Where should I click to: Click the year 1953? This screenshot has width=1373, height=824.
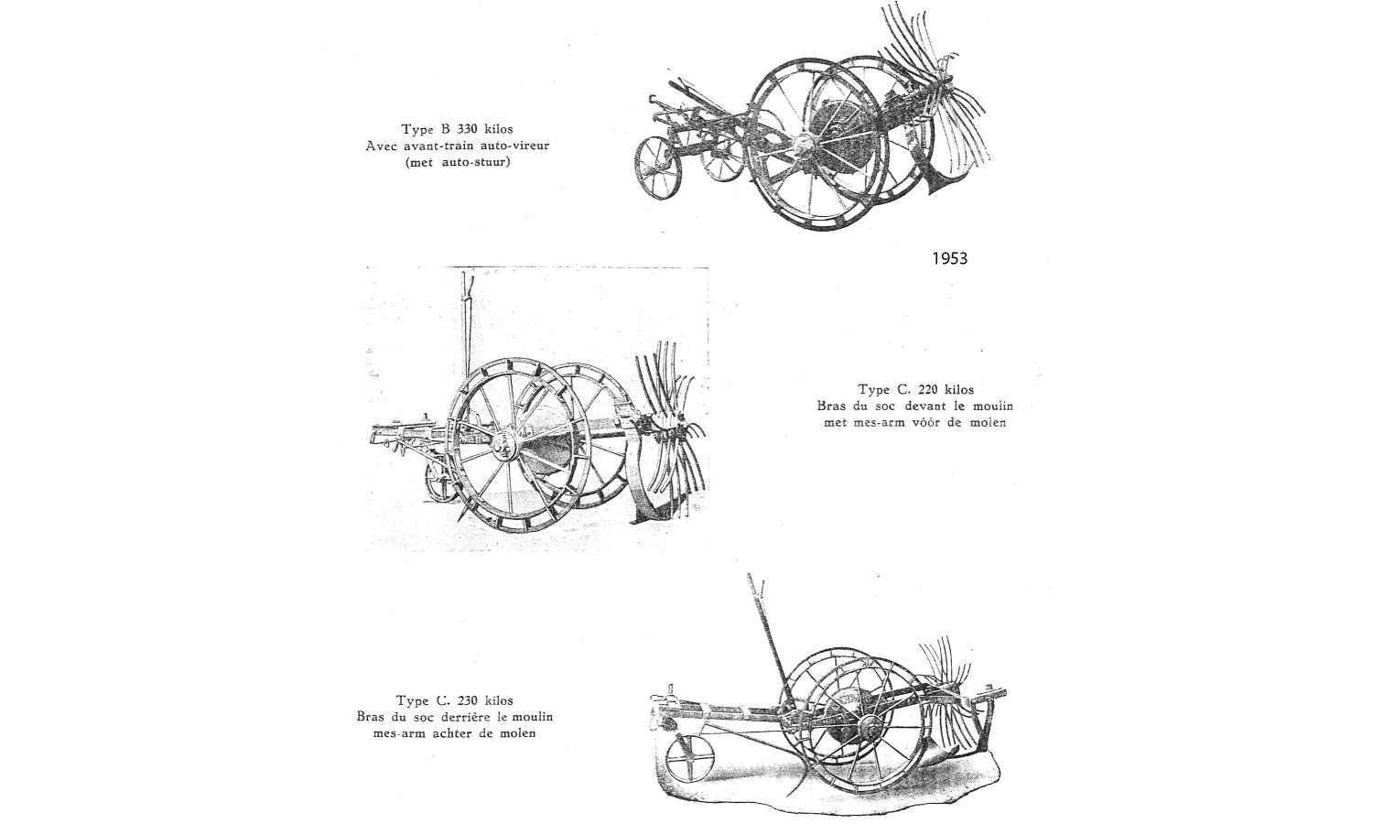(x=949, y=259)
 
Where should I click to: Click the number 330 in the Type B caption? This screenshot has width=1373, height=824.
(x=467, y=129)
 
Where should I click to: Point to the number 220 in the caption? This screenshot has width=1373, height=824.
(x=929, y=389)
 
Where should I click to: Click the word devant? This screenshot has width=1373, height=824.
(x=924, y=406)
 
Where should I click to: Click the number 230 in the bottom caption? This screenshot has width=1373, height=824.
(x=468, y=700)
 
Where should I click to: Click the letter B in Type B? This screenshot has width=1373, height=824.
(x=446, y=129)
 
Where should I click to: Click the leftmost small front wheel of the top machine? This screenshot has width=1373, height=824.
(x=658, y=168)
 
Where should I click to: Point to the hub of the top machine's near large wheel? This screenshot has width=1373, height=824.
(x=802, y=145)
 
